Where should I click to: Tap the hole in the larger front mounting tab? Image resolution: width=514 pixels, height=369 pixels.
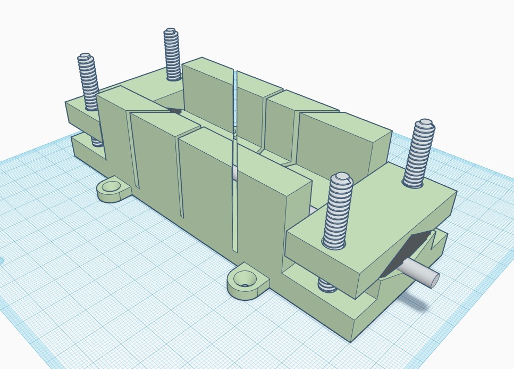point(245,277)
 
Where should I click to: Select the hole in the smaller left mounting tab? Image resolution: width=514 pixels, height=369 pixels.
point(112,186)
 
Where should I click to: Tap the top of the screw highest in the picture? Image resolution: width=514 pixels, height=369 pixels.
point(171,32)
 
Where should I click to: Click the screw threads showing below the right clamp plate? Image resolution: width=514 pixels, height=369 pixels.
point(326,284)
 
